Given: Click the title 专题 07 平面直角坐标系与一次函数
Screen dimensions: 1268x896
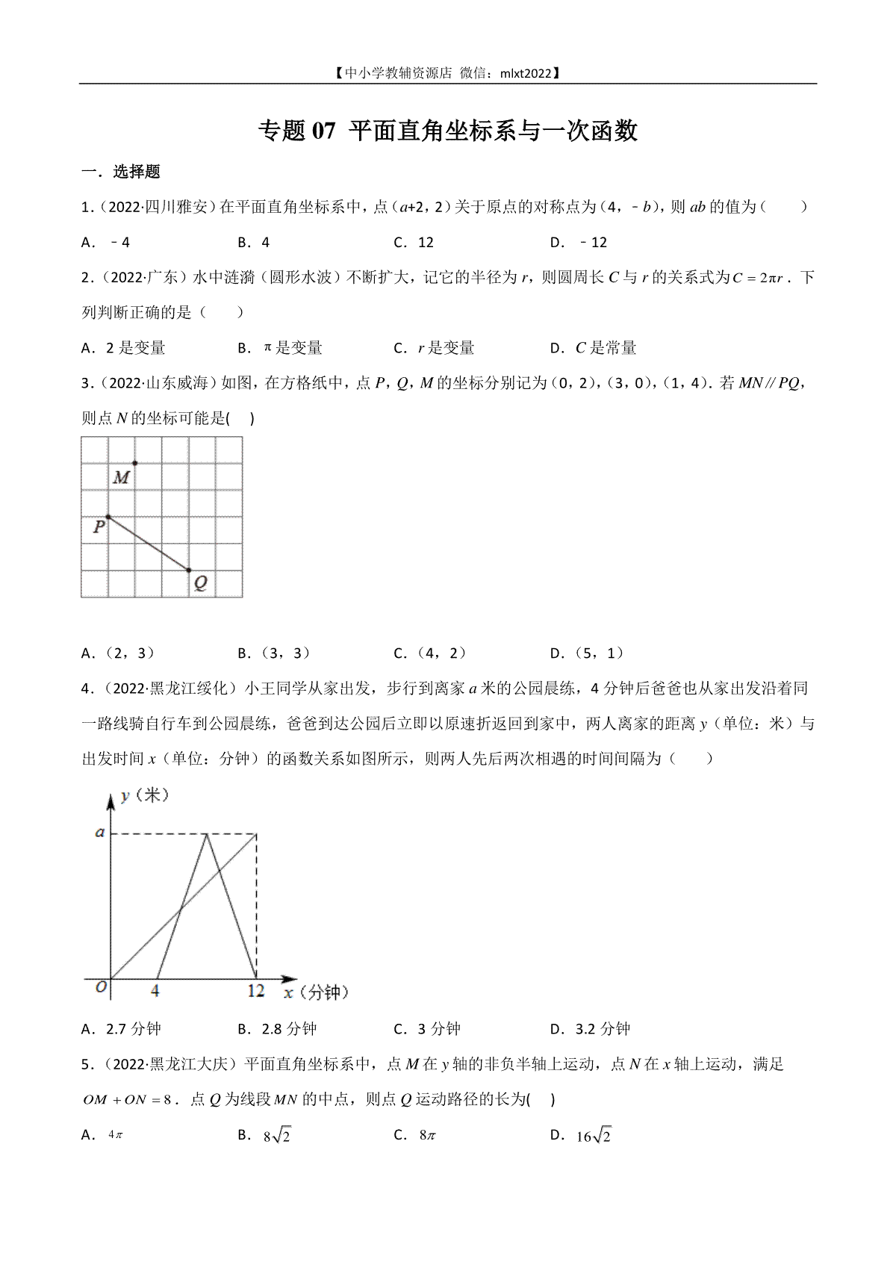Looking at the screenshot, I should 447,131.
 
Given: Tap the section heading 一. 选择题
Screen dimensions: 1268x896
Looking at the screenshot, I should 120,172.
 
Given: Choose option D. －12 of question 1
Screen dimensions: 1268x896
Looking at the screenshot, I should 579,242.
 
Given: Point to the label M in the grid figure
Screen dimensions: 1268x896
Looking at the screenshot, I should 121,477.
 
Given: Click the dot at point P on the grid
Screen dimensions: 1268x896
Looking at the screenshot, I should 108,517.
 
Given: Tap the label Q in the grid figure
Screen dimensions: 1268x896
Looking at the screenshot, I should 200,583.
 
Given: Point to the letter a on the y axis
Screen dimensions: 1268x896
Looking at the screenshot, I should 99,832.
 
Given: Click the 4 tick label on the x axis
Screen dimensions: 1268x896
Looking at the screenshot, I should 155,991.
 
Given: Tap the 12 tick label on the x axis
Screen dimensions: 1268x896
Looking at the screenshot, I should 256,991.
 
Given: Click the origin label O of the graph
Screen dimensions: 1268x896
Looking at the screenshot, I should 102,987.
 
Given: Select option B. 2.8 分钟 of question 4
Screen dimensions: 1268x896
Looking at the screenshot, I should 277,1029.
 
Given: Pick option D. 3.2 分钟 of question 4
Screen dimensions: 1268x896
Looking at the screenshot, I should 590,1029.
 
